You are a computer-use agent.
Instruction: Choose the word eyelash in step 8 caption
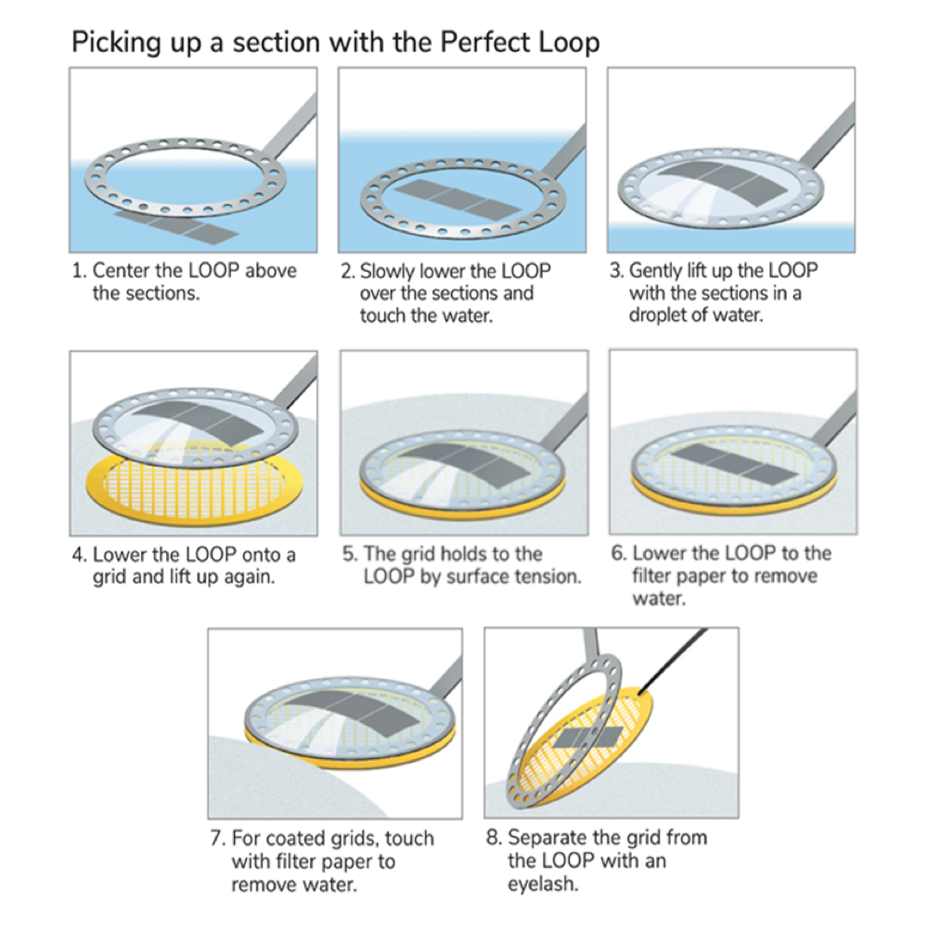(x=542, y=883)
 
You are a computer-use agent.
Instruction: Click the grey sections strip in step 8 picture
(x=588, y=739)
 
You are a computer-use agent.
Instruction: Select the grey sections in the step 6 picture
(x=733, y=458)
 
